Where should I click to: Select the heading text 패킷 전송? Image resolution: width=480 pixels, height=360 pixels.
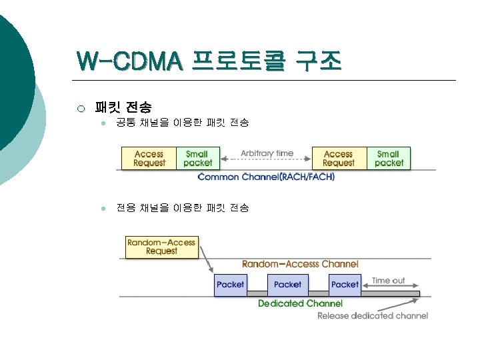tap(123, 107)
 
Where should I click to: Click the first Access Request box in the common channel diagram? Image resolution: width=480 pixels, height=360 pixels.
tap(149, 158)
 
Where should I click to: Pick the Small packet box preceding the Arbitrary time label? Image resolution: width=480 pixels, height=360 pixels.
tap(197, 158)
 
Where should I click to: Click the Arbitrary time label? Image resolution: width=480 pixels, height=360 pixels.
tap(267, 153)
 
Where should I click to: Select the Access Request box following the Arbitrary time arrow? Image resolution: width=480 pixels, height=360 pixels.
tap(339, 158)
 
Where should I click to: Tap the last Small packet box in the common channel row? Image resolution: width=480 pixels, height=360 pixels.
tap(389, 158)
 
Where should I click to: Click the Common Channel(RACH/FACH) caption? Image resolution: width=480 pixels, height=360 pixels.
tap(267, 177)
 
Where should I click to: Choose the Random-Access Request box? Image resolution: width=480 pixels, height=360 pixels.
tap(161, 247)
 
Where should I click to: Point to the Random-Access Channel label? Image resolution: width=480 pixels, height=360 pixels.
tap(300, 264)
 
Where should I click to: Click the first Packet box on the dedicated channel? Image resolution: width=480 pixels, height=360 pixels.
tap(231, 284)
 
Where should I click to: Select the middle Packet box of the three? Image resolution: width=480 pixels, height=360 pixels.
tap(287, 284)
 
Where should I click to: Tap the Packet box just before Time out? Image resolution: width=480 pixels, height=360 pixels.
tap(345, 284)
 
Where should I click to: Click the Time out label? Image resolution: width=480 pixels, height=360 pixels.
tap(389, 281)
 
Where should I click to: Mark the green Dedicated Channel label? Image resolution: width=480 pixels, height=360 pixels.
tap(300, 303)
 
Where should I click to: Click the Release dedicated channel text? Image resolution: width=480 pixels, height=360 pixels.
tap(373, 315)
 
